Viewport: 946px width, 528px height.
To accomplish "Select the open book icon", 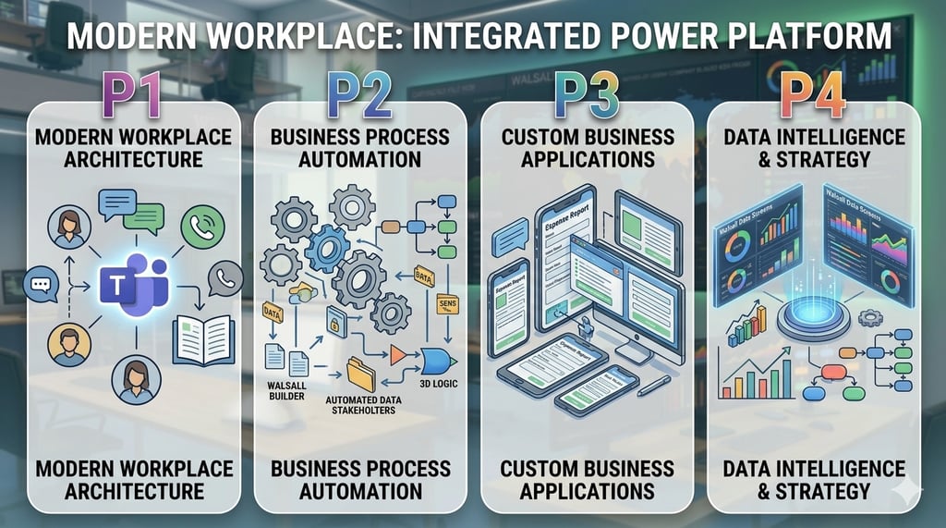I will [x=203, y=339].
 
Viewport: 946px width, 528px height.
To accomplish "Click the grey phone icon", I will [x=225, y=278].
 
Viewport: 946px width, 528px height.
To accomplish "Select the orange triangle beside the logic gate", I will [x=399, y=355].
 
